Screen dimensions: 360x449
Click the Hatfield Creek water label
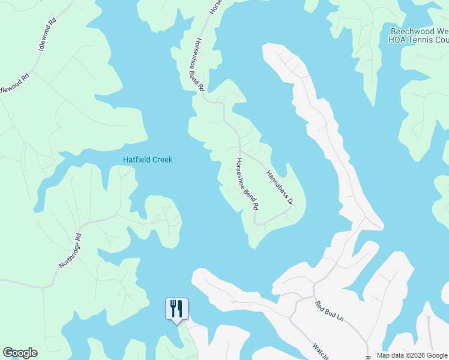point(148,160)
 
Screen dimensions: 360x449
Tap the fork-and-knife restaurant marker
point(176,309)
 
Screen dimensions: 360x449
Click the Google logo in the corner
point(20,353)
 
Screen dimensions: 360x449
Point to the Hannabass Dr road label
point(279,187)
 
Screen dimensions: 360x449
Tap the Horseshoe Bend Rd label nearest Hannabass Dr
point(247,183)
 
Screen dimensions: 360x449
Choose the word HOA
point(397,40)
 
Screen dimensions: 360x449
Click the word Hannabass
point(276,183)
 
